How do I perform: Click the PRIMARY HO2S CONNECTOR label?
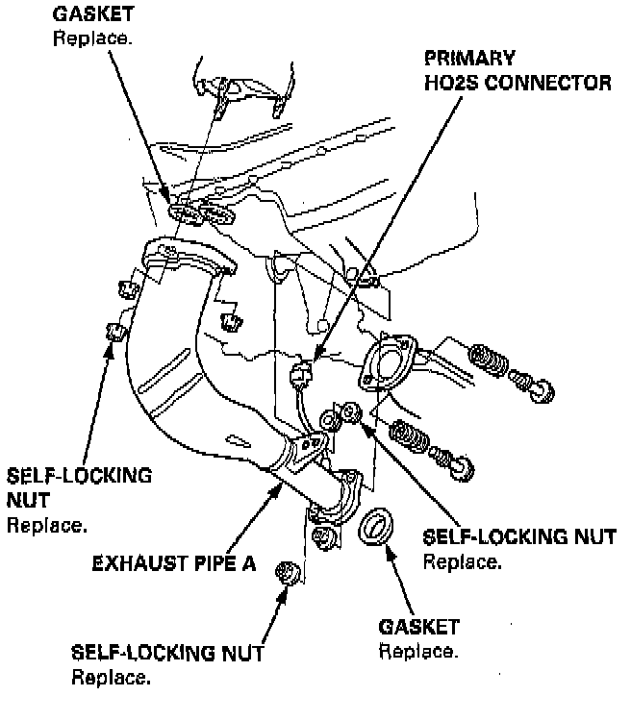pyautogui.click(x=517, y=69)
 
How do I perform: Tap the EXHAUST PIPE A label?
pyautogui.click(x=173, y=563)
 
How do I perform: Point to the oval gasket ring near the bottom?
pyautogui.click(x=377, y=528)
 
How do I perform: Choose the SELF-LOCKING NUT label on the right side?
pyautogui.click(x=519, y=536)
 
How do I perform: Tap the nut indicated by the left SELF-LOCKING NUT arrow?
pyautogui.click(x=117, y=332)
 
